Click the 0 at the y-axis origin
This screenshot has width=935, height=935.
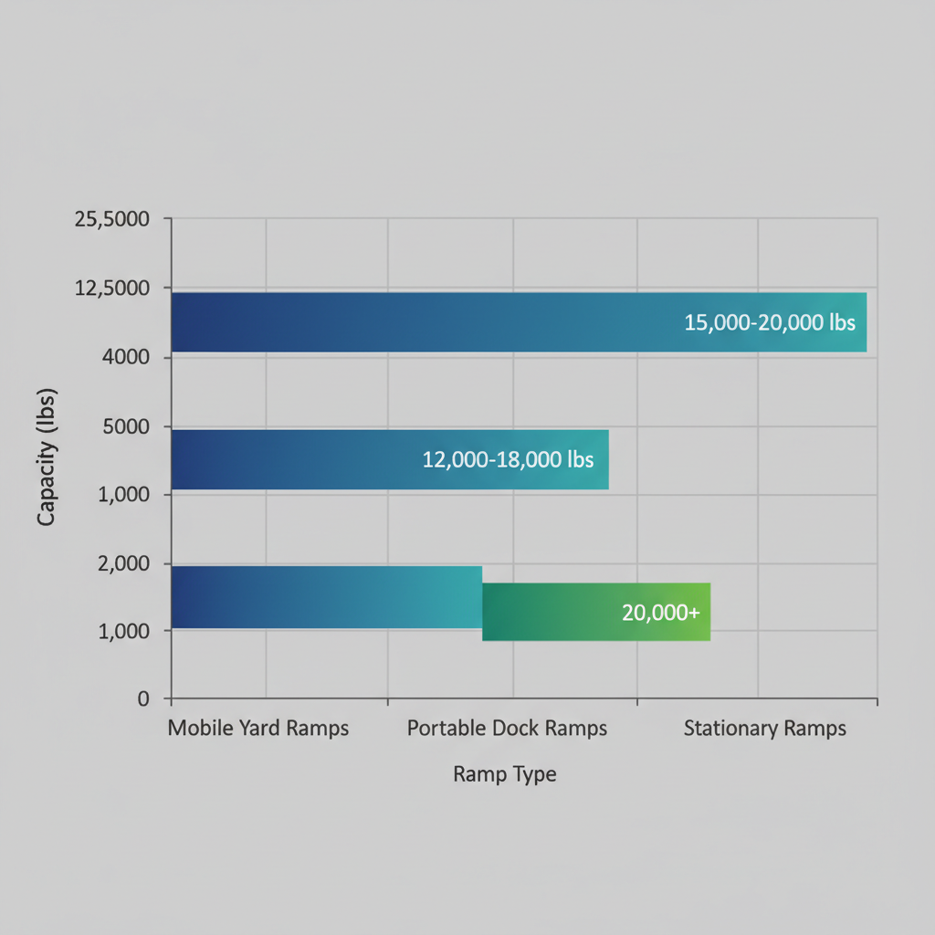pos(142,699)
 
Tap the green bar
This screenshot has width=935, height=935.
pos(595,611)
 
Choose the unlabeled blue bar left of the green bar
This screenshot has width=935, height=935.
pos(326,597)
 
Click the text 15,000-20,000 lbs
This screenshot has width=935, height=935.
pos(769,322)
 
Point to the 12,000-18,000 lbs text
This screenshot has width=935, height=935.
pos(508,459)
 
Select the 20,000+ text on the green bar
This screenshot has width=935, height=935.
pos(660,612)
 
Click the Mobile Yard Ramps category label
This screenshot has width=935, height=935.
pos(258,729)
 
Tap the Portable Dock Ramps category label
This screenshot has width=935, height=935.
pos(507,729)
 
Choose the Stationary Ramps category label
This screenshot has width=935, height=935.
pos(764,729)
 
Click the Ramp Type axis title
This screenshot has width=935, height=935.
pos(504,775)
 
